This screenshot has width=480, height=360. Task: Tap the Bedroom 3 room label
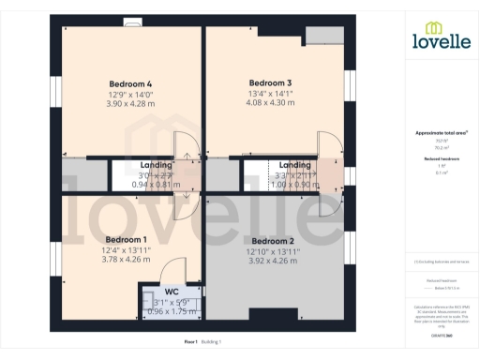(270, 82)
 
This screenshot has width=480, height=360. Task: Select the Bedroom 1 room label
(126, 239)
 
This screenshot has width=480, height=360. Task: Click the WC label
(172, 292)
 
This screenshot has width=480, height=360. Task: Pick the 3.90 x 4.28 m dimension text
(130, 104)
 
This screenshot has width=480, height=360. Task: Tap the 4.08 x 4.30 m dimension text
(270, 102)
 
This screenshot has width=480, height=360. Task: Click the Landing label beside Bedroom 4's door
(157, 165)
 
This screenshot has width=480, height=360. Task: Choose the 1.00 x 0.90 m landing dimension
(294, 184)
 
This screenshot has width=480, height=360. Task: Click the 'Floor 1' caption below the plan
(190, 342)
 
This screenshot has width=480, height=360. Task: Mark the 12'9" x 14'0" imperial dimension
(130, 95)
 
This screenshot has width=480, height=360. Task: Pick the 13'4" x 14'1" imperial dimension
(270, 93)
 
